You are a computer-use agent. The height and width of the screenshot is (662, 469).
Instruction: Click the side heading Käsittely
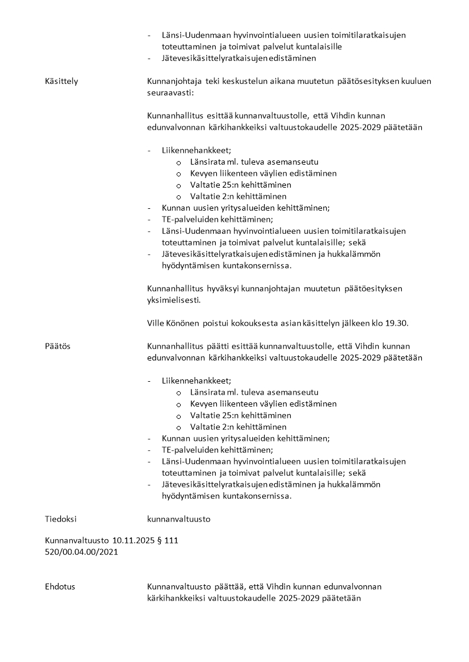point(61,81)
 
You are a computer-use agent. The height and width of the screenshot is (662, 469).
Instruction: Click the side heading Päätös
point(57,346)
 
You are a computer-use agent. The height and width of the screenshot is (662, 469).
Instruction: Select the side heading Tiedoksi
point(61,519)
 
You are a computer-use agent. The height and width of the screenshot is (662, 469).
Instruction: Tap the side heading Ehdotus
point(60,586)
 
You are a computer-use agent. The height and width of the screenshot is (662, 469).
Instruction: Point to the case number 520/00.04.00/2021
point(82,552)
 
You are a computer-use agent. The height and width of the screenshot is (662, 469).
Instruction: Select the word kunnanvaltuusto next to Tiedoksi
point(178,519)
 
